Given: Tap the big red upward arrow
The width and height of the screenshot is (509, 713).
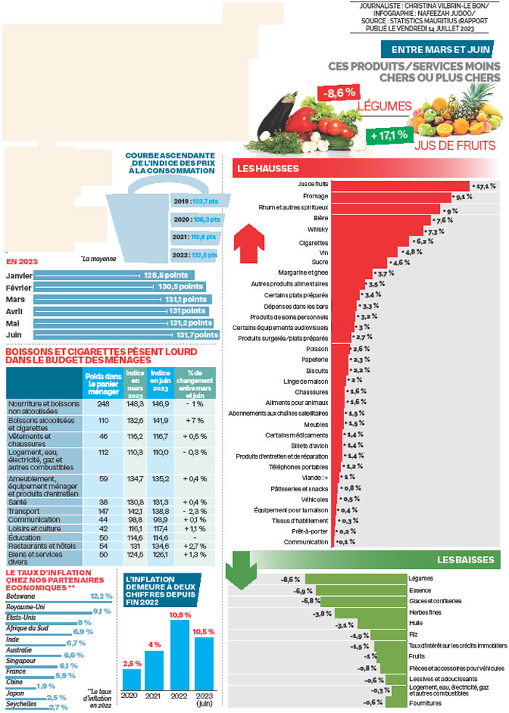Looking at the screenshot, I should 249,238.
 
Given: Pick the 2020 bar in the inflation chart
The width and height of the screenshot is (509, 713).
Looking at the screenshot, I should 132,677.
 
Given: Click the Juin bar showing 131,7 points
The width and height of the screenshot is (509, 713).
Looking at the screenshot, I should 124,335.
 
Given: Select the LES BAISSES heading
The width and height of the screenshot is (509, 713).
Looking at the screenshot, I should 466,560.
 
